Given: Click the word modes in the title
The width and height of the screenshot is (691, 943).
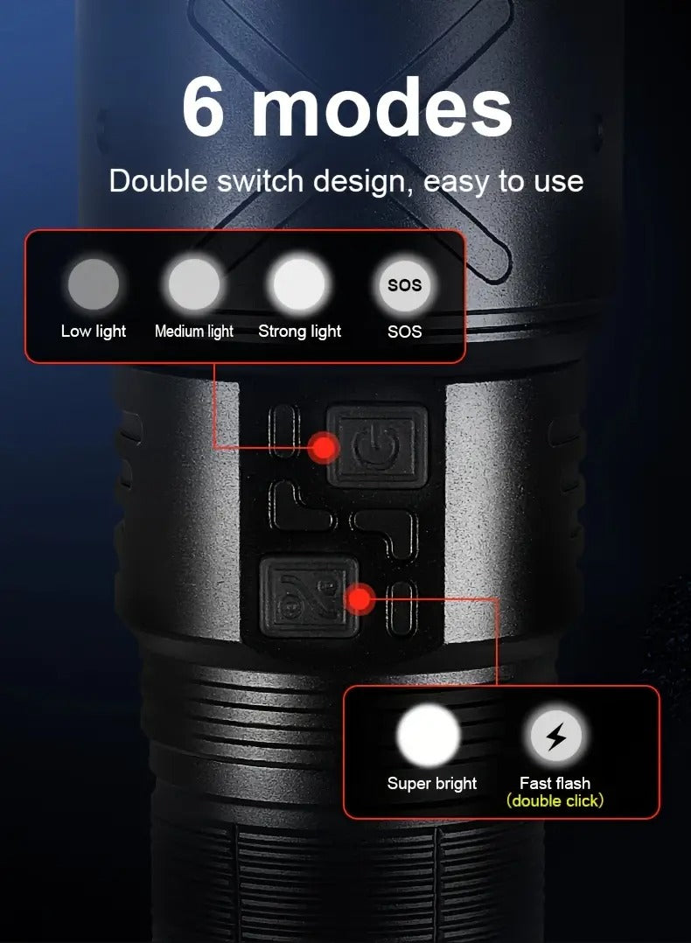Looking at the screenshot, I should pyautogui.click(x=381, y=108).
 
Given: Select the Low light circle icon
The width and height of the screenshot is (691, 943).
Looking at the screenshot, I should pyautogui.click(x=94, y=285).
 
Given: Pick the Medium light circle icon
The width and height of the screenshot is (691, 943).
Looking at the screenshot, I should pyautogui.click(x=194, y=285).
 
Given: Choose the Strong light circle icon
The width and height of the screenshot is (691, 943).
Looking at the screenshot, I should pyautogui.click(x=299, y=285).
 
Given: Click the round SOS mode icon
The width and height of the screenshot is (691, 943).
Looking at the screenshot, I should pyautogui.click(x=404, y=285).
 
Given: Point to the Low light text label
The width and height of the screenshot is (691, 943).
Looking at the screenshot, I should pyautogui.click(x=94, y=332).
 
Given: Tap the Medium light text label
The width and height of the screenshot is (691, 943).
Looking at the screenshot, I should pyautogui.click(x=194, y=332).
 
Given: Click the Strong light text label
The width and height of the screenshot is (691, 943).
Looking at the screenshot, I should pyautogui.click(x=300, y=332).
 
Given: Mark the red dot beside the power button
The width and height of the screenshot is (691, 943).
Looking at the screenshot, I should pyautogui.click(x=325, y=448).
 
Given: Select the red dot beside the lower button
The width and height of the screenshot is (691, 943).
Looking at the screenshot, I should pyautogui.click(x=359, y=600).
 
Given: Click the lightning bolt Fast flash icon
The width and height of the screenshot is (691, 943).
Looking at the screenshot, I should pyautogui.click(x=555, y=737).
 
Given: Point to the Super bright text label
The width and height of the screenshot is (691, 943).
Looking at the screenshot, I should pyautogui.click(x=432, y=783).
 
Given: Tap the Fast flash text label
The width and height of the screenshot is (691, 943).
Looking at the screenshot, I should pyautogui.click(x=555, y=783).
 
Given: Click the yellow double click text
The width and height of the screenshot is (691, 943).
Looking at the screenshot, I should pyautogui.click(x=555, y=800).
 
